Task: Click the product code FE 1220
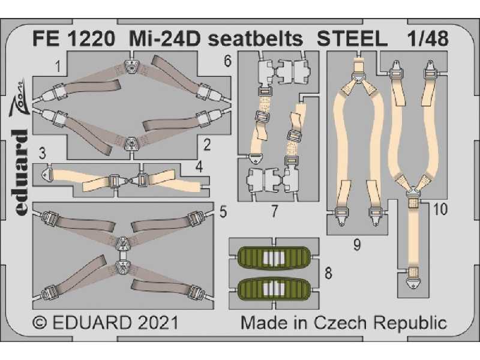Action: pos(74,39)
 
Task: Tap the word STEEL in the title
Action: pos(352,39)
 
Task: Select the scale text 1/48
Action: pos(428,39)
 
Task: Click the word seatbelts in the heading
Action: pos(256,39)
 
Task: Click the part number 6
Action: pos(227,61)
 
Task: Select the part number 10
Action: pos(440,209)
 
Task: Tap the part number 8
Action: pos(328,273)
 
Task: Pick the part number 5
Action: pos(223,212)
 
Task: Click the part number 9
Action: pos(356,245)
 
